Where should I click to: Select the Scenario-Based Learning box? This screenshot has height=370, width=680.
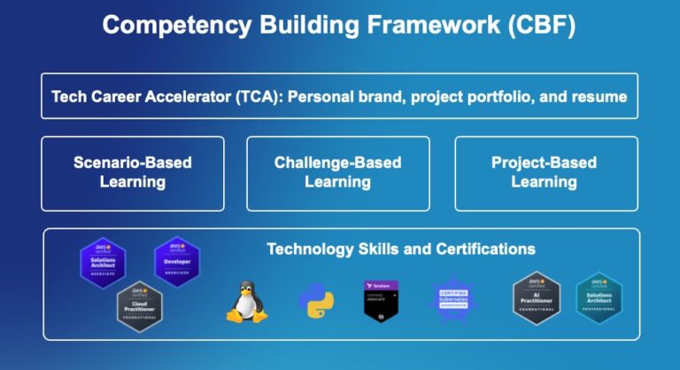pos(133,173)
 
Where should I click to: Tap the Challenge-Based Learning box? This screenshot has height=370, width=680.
pos(337,173)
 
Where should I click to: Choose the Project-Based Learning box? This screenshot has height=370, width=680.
pos(544,173)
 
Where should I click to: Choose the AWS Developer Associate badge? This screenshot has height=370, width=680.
pos(176,261)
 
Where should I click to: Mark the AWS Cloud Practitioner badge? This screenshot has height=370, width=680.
pos(139,305)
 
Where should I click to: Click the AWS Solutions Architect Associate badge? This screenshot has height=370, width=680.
pos(102,262)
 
